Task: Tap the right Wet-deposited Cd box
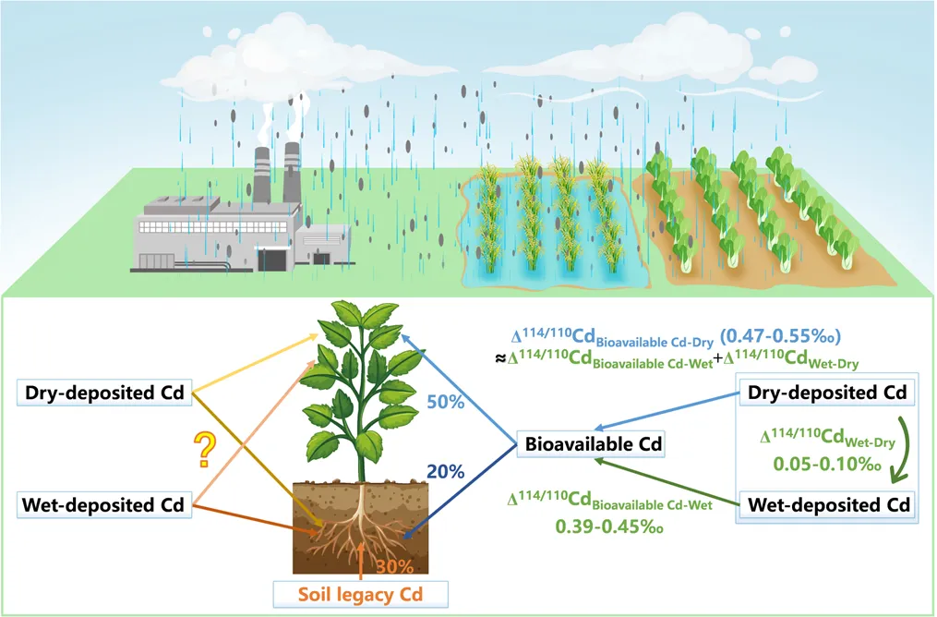[827, 506]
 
